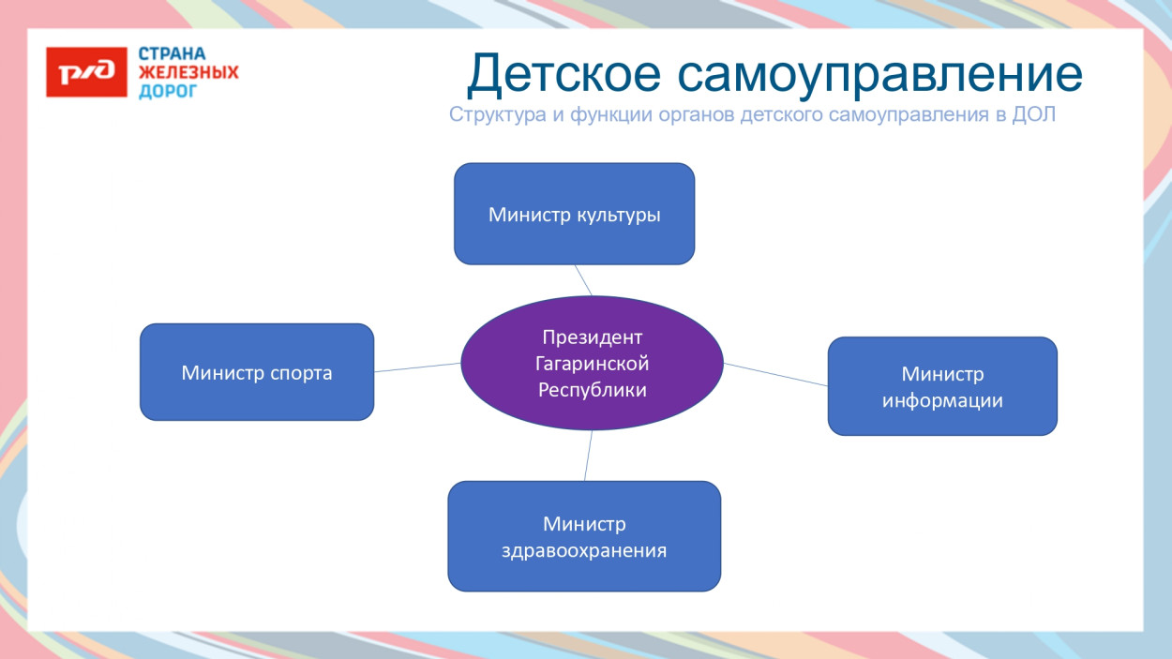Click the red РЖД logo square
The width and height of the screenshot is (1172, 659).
point(86,72)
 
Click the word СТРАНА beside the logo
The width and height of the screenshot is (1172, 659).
point(173,53)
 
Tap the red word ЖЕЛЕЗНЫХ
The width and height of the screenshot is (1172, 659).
point(188,72)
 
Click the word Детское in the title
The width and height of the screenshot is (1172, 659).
point(564,74)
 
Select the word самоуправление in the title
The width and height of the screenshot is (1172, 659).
point(880,76)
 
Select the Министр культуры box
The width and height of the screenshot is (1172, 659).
point(575,214)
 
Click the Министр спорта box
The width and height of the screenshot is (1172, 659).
point(257,372)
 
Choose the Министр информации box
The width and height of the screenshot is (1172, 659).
point(942,386)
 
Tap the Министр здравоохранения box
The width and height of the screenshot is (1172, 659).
point(584,536)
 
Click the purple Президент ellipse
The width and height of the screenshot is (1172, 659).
point(593,363)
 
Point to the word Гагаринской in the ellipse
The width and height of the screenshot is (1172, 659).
point(593,364)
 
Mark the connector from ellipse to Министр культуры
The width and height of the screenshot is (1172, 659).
point(583,280)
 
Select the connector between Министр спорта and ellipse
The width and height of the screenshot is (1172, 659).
point(417,367)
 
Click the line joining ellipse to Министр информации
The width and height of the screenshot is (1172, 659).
point(776,374)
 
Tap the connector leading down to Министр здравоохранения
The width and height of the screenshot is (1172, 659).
point(588,456)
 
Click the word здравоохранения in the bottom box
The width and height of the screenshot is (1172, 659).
point(584,551)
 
